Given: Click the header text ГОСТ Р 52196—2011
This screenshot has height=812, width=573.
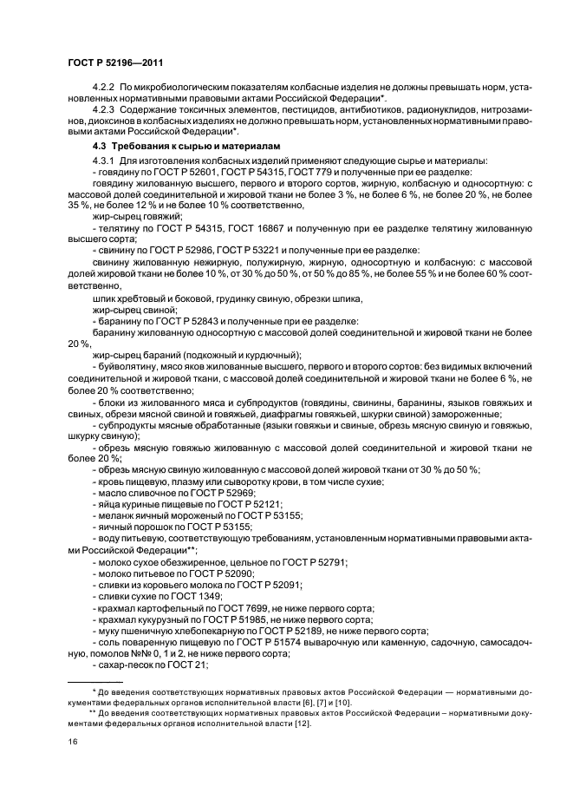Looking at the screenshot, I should tap(115, 63).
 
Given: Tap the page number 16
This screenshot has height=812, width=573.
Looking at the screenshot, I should tap(73, 743).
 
